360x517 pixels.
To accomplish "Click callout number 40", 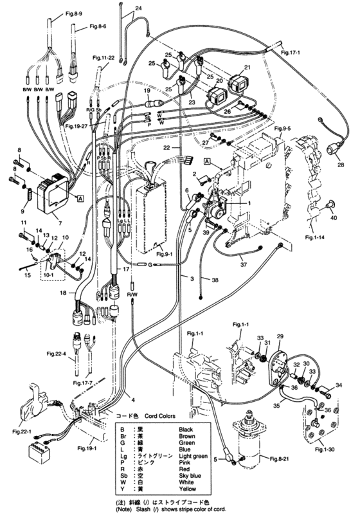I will (334, 218).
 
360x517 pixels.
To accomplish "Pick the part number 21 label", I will (247, 68).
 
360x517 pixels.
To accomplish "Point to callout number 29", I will (280, 337).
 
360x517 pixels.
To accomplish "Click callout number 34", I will (338, 385).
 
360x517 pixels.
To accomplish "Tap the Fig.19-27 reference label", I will (75, 127).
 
